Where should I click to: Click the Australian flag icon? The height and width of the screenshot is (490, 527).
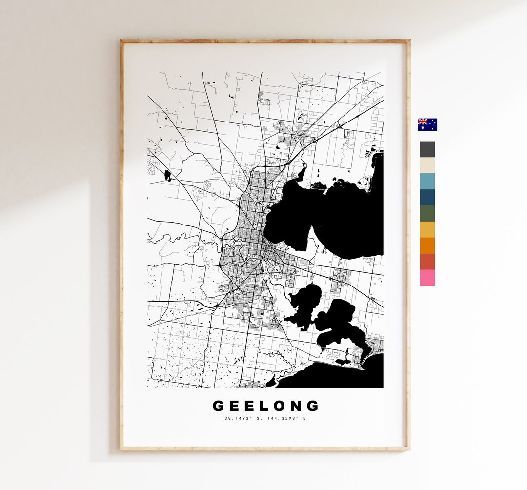(x=427, y=124)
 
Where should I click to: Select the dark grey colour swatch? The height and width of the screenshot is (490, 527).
(x=427, y=149)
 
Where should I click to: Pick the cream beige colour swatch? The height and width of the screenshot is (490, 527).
(x=427, y=165)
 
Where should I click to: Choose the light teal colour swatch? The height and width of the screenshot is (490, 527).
(x=427, y=181)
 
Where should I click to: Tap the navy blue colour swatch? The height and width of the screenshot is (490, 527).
(x=427, y=197)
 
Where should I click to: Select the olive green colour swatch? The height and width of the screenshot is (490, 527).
(x=427, y=213)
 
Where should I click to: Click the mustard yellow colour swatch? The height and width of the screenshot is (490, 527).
(x=427, y=229)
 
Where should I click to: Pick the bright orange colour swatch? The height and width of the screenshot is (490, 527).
(x=427, y=245)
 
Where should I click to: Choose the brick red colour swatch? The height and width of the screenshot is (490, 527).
(x=427, y=262)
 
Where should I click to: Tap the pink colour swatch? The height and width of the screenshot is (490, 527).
(x=427, y=278)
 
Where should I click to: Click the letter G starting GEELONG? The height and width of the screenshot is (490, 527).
(x=219, y=406)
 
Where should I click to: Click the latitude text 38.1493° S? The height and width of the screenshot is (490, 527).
(x=239, y=418)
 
